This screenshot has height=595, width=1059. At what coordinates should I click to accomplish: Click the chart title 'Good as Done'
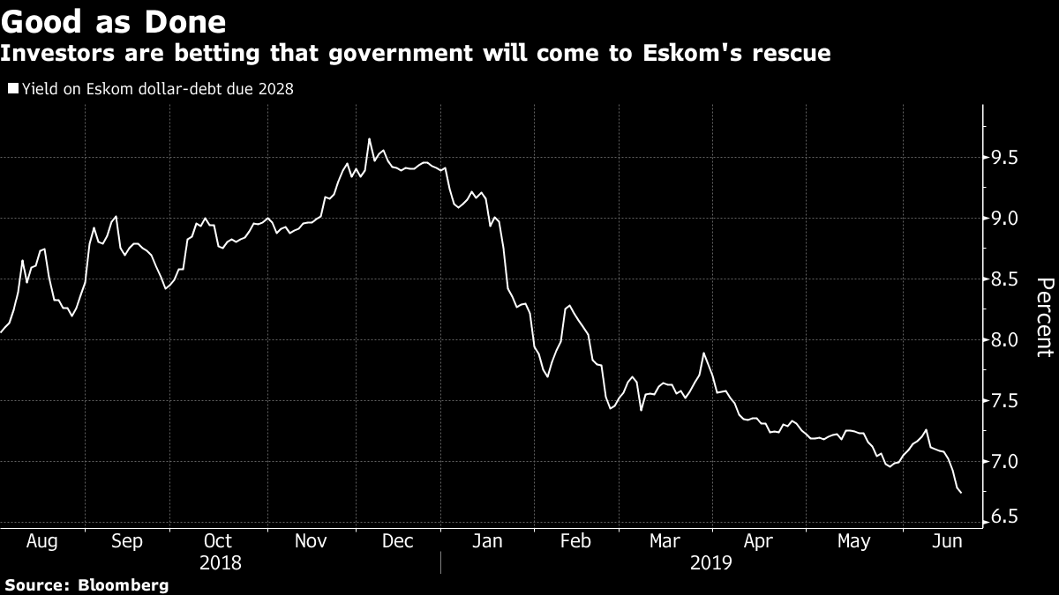coord(113,21)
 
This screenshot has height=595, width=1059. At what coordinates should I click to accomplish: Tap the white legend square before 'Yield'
coord(11,88)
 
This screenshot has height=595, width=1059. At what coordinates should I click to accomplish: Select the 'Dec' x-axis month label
coord(397,541)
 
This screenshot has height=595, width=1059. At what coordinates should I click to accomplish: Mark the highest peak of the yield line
coord(369,138)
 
